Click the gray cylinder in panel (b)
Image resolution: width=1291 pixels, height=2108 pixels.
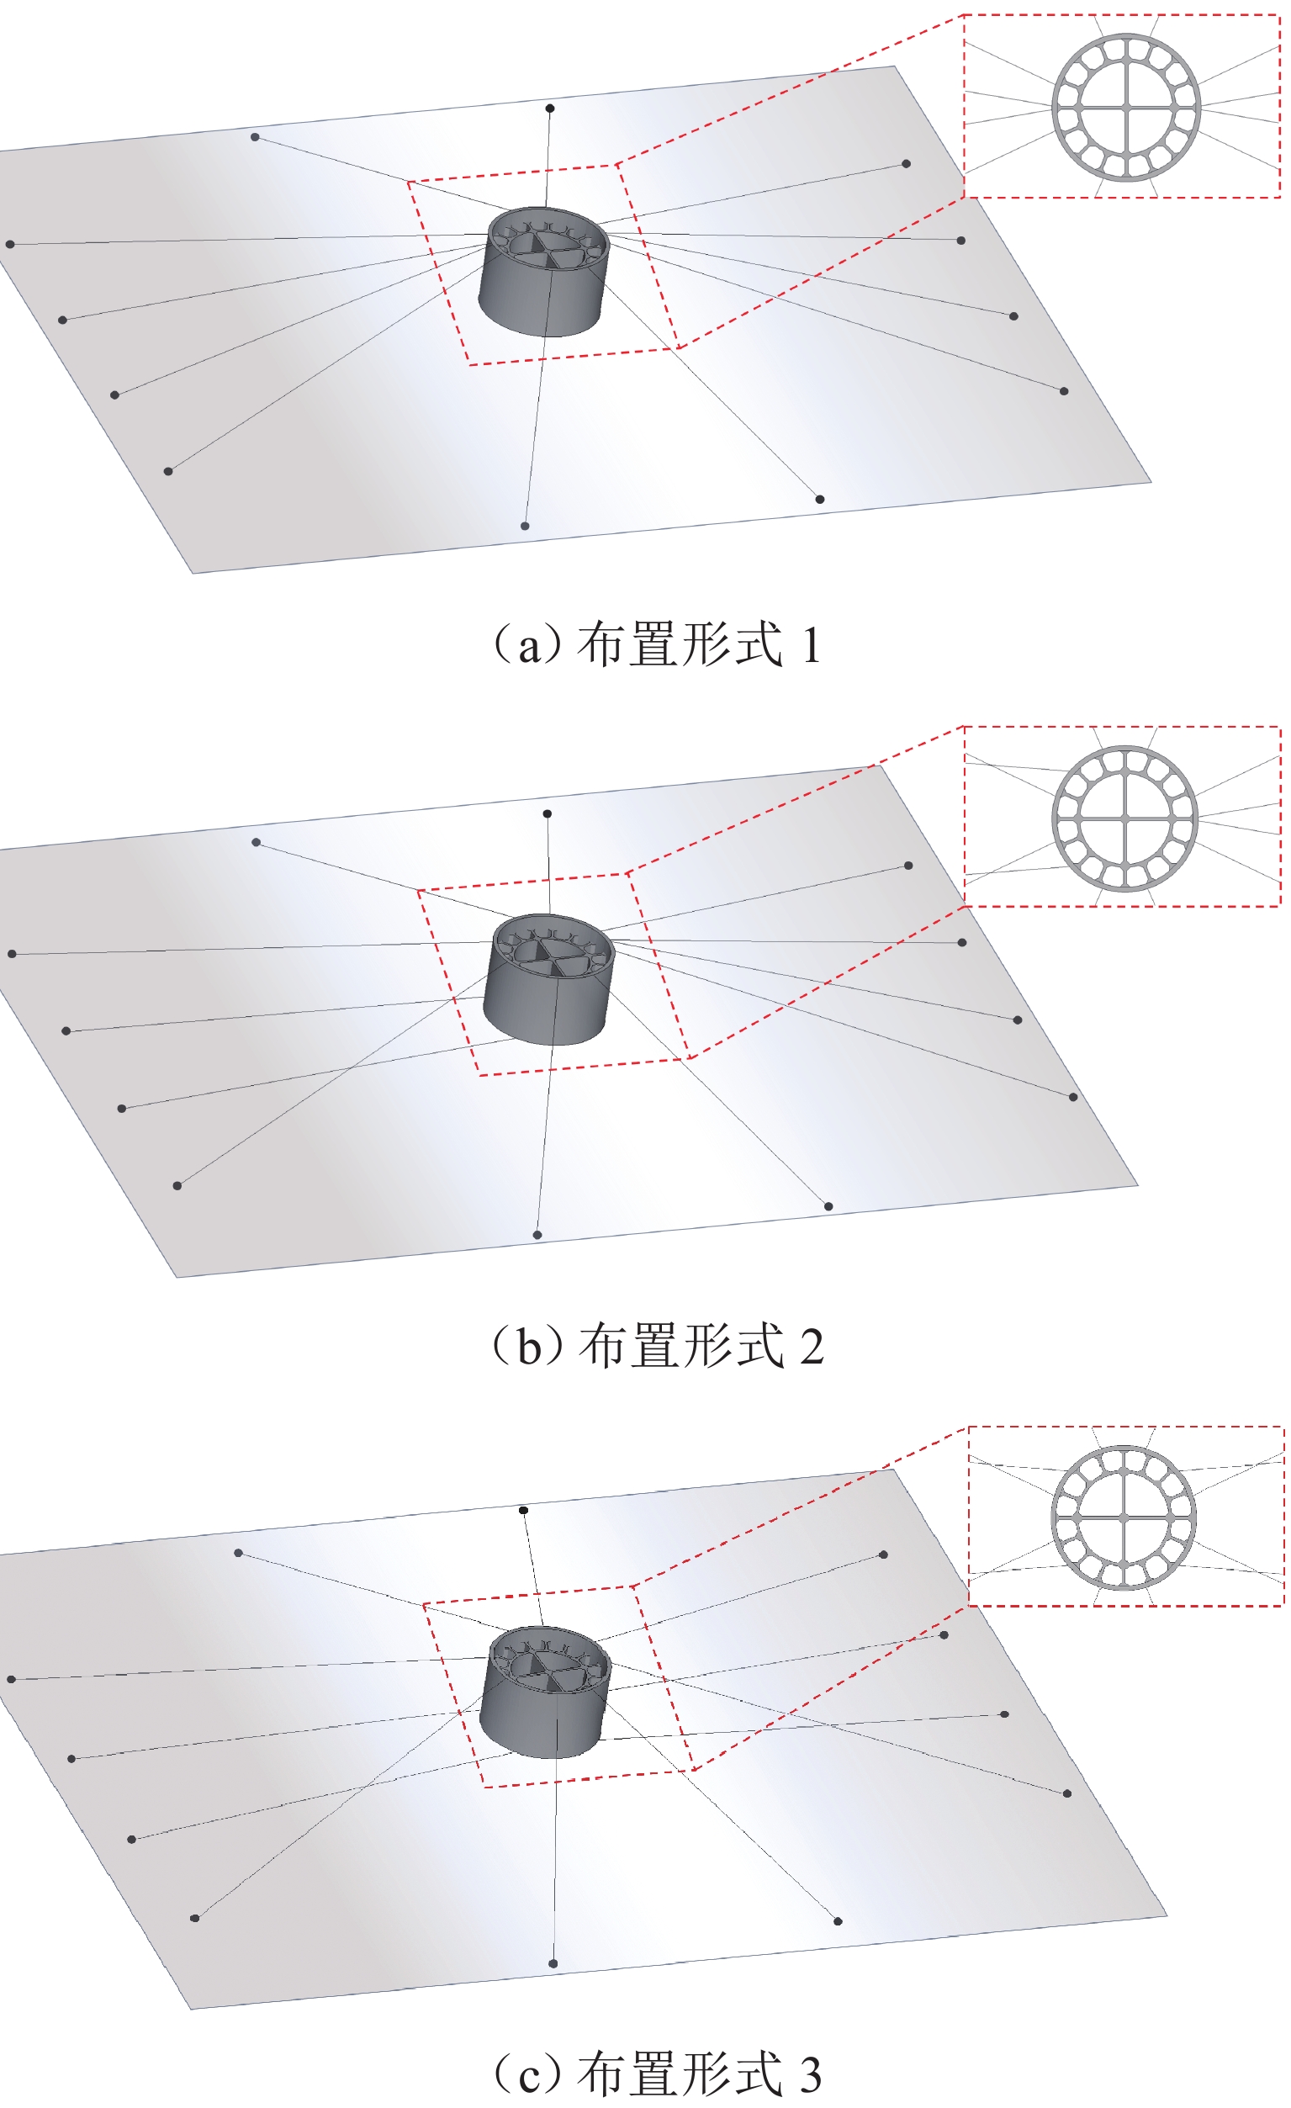pos(549,980)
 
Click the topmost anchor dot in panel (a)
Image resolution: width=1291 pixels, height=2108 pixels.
pos(550,109)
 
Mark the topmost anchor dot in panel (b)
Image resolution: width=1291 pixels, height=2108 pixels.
pos(548,813)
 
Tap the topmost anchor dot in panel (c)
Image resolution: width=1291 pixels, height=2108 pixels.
pos(524,1511)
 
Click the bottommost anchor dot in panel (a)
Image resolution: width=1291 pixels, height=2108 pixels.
pos(526,526)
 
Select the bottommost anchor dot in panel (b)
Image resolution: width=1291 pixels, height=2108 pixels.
pos(537,1236)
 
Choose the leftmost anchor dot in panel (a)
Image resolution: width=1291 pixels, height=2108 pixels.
pos(10,245)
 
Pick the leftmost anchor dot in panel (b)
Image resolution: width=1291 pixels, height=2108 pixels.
pos(12,954)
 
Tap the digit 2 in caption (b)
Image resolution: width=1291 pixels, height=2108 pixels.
pos(812,1347)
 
